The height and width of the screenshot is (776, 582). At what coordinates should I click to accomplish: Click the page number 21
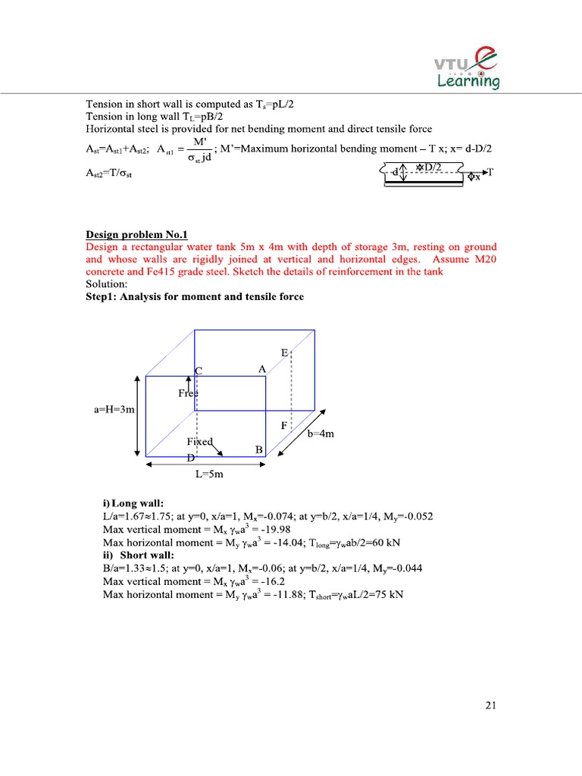490,706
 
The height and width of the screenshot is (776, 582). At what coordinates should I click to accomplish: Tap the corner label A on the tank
261,369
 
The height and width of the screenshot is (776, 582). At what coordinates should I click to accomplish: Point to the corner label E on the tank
284,354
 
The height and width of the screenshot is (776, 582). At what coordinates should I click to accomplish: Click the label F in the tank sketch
284,426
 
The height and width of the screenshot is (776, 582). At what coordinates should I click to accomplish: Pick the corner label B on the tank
258,449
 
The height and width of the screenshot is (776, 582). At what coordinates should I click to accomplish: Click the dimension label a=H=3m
114,410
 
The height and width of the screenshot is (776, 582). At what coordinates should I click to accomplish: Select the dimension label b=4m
321,434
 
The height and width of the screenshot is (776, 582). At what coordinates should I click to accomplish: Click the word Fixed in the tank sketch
199,441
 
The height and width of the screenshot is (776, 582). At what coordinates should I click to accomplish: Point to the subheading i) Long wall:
133,504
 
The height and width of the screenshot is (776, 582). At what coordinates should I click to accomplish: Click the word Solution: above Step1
107,283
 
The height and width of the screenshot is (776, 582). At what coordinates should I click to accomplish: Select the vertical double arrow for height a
136,415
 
